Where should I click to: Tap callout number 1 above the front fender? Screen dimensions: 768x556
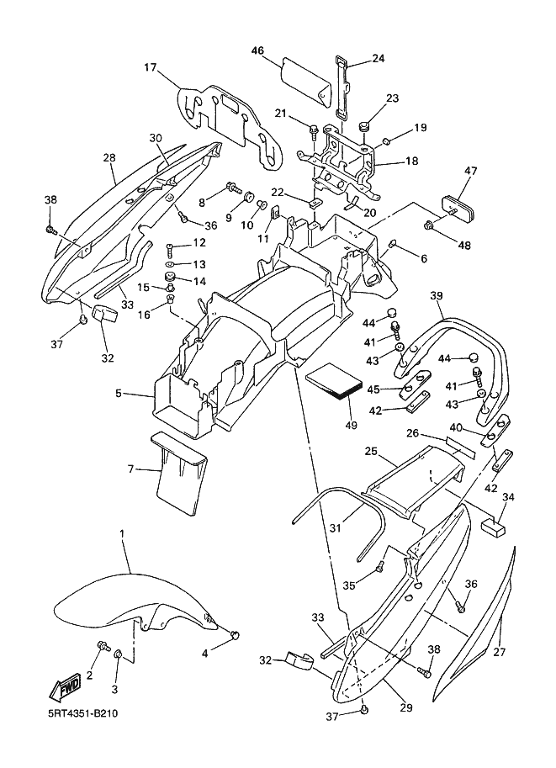(122, 534)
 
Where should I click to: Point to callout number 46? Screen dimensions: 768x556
(258, 51)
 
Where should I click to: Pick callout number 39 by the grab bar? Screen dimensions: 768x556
(436, 295)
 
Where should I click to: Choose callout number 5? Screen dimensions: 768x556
(119, 393)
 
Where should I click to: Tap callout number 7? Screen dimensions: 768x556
(130, 468)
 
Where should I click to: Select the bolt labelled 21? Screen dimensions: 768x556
(313, 130)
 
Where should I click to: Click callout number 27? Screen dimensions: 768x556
(499, 653)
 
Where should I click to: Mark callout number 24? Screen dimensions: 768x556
(378, 59)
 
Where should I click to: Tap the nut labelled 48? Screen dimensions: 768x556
(430, 225)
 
